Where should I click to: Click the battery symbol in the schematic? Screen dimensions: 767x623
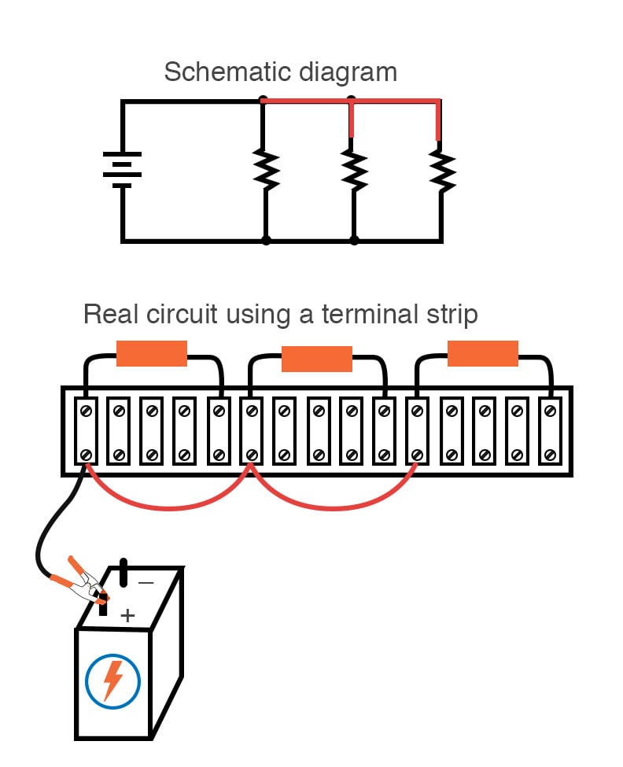coord(122,170)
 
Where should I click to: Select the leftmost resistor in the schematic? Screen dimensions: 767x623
coord(267,169)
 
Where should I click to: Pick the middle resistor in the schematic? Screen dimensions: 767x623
coord(355,169)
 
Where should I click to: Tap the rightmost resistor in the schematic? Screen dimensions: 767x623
coord(442,170)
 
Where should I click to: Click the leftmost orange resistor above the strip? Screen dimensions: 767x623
coord(151,353)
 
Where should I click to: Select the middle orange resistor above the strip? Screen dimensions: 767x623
coord(317,359)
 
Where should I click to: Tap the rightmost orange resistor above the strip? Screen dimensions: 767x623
coord(483,353)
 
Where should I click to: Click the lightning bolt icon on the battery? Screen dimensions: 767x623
coord(113,680)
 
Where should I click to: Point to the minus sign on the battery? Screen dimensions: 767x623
coord(146,583)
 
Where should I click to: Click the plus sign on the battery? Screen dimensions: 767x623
coord(127,615)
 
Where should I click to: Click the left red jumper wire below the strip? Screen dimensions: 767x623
coord(167,503)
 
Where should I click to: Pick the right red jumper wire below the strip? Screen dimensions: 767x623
coord(334,503)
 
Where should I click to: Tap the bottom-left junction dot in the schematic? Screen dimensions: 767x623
coord(267,240)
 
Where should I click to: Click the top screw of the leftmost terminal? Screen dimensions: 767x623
coord(85,410)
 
